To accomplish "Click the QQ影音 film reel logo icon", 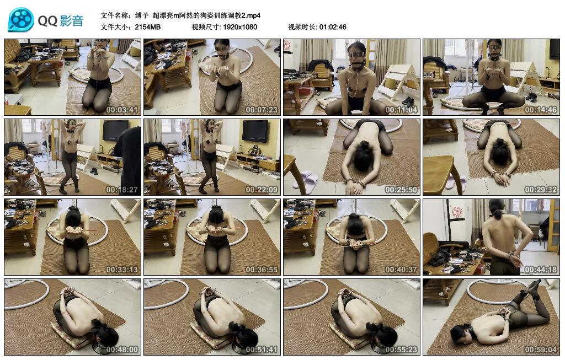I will coord(21,20).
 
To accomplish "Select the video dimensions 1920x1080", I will coord(240,26).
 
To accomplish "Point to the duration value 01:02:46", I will coord(333,26).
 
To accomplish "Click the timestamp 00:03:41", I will coord(121,110).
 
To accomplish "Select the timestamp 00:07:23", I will coord(262,110).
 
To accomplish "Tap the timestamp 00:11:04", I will coord(401,110).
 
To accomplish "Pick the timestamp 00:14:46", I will coord(541,110).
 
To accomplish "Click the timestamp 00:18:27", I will coord(121,190).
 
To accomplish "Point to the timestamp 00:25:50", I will coord(401,190).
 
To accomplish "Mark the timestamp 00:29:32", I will coord(541,190).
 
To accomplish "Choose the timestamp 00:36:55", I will coord(262,270).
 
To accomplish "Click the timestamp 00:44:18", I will coord(541,270).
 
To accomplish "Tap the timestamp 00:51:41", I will coord(262,350).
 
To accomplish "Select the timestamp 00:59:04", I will coord(541,350).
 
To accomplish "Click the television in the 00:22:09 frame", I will coord(255,131).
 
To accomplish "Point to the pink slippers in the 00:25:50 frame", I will coord(305,180).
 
